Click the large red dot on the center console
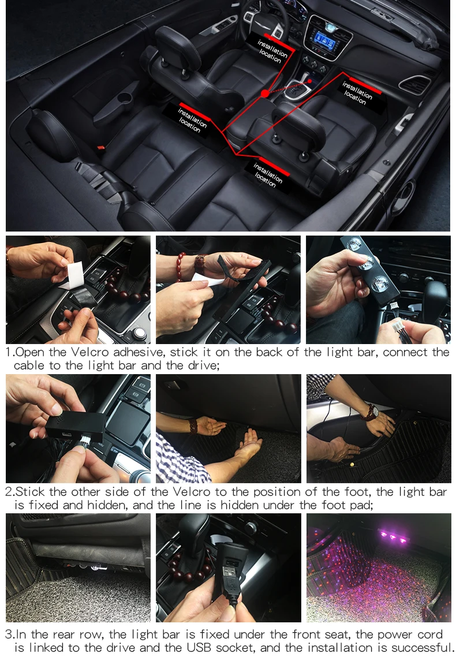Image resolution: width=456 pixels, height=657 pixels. [265, 93]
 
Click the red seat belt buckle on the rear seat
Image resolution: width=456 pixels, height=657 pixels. [100, 148]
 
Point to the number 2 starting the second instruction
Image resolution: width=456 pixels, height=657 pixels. [9, 491]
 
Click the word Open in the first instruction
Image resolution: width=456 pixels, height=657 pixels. [29, 352]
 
